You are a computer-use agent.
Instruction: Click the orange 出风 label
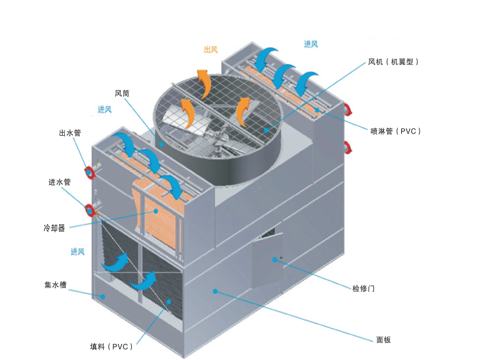[211, 49]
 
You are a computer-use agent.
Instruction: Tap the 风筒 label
[122, 93]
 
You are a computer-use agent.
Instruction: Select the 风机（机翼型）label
[393, 62]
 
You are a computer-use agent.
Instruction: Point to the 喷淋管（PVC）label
[396, 131]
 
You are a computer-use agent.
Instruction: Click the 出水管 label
[70, 133]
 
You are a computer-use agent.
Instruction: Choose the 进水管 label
[60, 182]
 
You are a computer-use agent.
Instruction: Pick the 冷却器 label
[54, 228]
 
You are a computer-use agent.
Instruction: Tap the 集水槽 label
[55, 285]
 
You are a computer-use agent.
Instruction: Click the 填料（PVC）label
[111, 347]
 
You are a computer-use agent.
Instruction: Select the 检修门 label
[364, 288]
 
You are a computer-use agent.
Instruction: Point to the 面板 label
[383, 340]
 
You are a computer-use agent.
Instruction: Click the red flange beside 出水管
[89, 173]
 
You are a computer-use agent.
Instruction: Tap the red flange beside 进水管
[90, 210]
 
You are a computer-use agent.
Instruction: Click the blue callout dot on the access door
[275, 260]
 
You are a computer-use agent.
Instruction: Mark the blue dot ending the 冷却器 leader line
[156, 211]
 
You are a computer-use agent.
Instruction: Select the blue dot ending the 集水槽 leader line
[103, 297]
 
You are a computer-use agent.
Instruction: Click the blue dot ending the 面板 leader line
[215, 291]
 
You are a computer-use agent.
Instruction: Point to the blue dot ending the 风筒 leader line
[162, 143]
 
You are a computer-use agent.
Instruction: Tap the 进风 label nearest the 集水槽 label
[77, 252]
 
